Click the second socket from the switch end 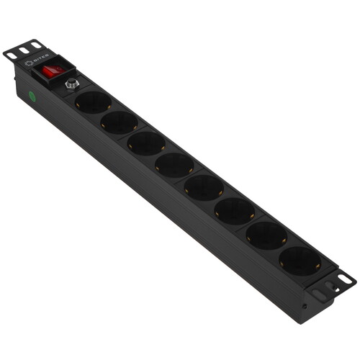pyautogui.click(x=118, y=122)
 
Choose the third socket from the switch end pyautogui.click(x=146, y=142)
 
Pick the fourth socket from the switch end pyautogui.click(x=174, y=164)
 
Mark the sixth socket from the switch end pyautogui.click(x=234, y=210)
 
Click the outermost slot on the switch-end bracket pyautogui.click(x=12, y=55)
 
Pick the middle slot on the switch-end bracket pyautogui.click(x=24, y=50)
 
